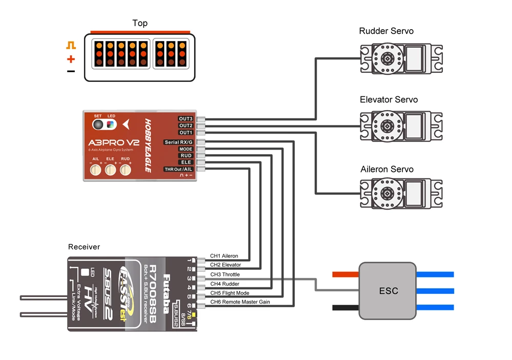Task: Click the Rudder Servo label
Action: coord(387,31)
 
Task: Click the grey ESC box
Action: coord(387,290)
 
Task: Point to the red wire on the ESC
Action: coord(346,274)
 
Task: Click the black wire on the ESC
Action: coord(346,307)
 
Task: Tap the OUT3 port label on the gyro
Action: coord(186,119)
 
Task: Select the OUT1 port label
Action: coord(186,132)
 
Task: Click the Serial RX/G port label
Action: coord(179,142)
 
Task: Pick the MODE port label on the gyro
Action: coord(186,149)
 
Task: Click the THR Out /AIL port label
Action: coord(178,169)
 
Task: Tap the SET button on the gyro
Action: coord(98,125)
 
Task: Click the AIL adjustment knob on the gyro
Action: coord(95,172)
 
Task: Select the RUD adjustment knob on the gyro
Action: coord(125,172)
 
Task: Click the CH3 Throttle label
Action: coord(225,275)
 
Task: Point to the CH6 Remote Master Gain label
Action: coord(240,302)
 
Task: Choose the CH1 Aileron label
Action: coord(224,256)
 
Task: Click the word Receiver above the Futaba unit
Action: coord(84,247)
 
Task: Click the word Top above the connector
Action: coord(140,23)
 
